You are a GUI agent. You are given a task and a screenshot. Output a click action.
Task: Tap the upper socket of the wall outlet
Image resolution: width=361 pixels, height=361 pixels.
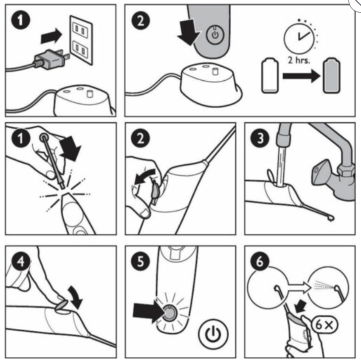(x=80, y=30)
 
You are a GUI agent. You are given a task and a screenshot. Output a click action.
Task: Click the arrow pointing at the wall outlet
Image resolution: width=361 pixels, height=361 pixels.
(x=51, y=36)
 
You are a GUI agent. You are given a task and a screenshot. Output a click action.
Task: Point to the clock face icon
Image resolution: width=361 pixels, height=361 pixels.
(x=299, y=37)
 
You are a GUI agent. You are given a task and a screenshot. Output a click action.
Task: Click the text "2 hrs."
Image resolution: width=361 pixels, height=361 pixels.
(x=299, y=60)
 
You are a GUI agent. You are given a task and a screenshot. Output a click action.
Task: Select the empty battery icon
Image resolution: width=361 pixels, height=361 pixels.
(x=270, y=75)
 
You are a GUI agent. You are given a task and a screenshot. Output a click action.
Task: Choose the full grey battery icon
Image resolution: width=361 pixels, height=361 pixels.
(x=332, y=75)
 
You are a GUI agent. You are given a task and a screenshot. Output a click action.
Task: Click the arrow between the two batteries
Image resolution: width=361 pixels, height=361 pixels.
(x=302, y=76)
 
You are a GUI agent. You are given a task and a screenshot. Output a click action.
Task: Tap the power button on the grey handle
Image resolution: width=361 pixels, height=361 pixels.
(x=215, y=34)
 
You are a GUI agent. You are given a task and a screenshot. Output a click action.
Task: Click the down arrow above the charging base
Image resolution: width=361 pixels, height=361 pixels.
(x=188, y=32)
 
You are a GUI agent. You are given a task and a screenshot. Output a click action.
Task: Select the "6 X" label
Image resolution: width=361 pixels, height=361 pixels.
(x=324, y=325)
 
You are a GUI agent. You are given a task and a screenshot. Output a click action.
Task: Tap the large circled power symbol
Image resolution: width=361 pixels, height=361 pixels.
(x=213, y=334)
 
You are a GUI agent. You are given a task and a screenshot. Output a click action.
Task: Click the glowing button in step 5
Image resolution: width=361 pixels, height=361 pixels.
(x=169, y=313)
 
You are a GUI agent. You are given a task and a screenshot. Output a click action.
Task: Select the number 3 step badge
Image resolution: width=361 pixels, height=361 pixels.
(x=260, y=138)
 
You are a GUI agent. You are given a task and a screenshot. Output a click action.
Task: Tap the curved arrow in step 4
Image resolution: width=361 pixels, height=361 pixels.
(x=76, y=297)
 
